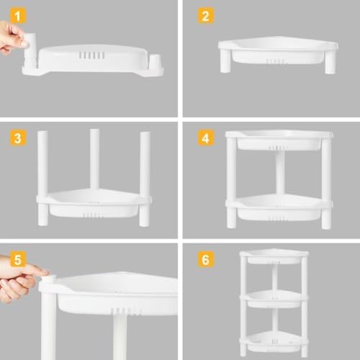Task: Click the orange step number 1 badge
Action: [x=18, y=16]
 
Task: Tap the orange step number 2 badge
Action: [x=206, y=16]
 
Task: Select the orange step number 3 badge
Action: [x=18, y=138]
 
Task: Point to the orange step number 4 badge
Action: [x=206, y=138]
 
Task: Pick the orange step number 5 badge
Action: [x=18, y=259]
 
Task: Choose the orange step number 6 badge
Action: [x=206, y=259]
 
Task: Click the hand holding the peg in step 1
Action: [x=12, y=37]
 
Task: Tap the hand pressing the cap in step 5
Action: [x=19, y=279]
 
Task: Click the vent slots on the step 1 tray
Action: [x=91, y=55]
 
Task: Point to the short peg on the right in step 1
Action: [x=156, y=62]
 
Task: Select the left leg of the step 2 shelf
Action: [x=225, y=60]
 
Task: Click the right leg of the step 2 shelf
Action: [x=330, y=61]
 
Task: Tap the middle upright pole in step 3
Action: [x=94, y=160]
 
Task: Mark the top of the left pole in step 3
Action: [x=42, y=132]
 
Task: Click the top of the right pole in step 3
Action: [x=145, y=132]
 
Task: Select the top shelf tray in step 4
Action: [x=279, y=140]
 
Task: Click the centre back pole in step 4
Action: [x=280, y=172]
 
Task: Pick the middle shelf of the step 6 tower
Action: [x=274, y=298]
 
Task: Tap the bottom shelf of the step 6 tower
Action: [x=274, y=341]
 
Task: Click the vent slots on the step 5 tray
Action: [x=125, y=311]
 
